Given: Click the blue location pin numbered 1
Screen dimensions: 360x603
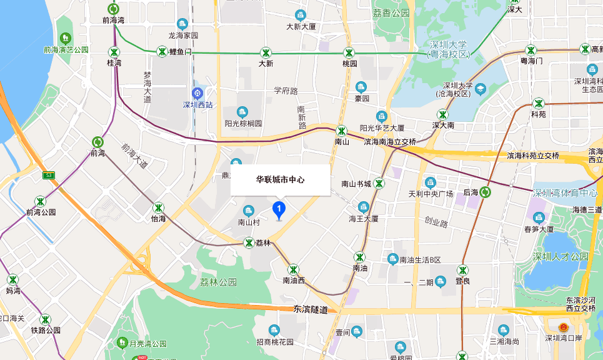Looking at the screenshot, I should pyautogui.click(x=280, y=210).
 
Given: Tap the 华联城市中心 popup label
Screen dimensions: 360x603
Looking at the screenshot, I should pyautogui.click(x=280, y=179).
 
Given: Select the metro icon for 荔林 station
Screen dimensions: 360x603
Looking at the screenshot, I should pyautogui.click(x=248, y=242).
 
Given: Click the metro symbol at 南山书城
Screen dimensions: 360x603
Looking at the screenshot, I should pyautogui.click(x=379, y=184).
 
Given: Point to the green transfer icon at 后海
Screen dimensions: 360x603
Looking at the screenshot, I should pyautogui.click(x=487, y=192).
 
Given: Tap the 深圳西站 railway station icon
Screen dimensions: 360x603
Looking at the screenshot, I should pyautogui.click(x=197, y=93).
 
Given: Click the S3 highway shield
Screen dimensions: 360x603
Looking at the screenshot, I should pyautogui.click(x=49, y=175).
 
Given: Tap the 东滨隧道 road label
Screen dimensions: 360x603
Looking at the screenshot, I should pyautogui.click(x=311, y=309).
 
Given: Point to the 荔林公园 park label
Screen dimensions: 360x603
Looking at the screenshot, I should pyautogui.click(x=218, y=282).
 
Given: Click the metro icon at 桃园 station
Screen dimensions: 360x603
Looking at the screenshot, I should pyautogui.click(x=349, y=52).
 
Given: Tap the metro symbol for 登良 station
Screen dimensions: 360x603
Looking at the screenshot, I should pyautogui.click(x=462, y=270).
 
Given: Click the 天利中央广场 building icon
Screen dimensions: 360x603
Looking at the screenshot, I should pyautogui.click(x=430, y=182).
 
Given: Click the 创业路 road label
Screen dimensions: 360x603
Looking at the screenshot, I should pyautogui.click(x=436, y=222).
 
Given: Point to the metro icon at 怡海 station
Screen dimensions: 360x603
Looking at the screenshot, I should pyautogui.click(x=159, y=207).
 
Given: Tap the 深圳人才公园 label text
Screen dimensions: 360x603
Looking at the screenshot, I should pyautogui.click(x=561, y=256).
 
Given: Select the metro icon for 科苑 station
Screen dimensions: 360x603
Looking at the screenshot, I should pyautogui.click(x=538, y=103).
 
